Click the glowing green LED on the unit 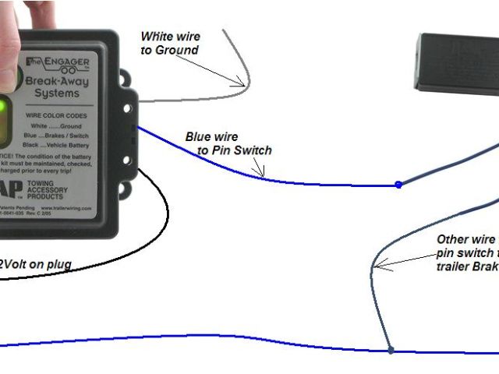pos(5,107)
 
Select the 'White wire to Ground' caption pos(170,43)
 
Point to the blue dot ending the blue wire pos(398,185)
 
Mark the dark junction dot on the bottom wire pos(391,351)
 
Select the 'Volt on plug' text pos(36,265)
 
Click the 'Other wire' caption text pos(465,240)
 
